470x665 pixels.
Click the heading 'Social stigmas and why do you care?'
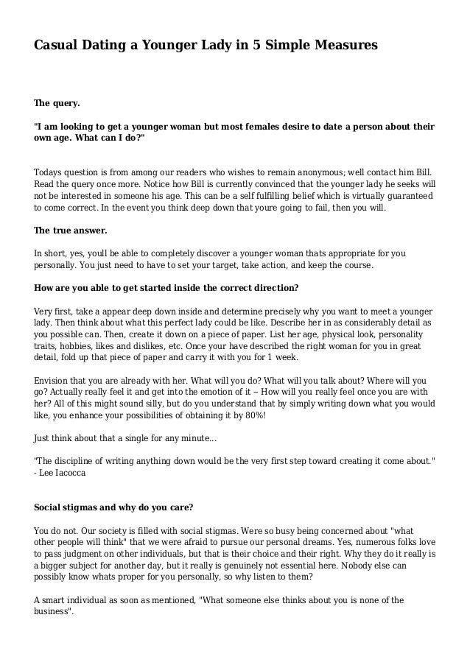point(115,507)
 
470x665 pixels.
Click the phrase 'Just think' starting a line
point(56,438)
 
